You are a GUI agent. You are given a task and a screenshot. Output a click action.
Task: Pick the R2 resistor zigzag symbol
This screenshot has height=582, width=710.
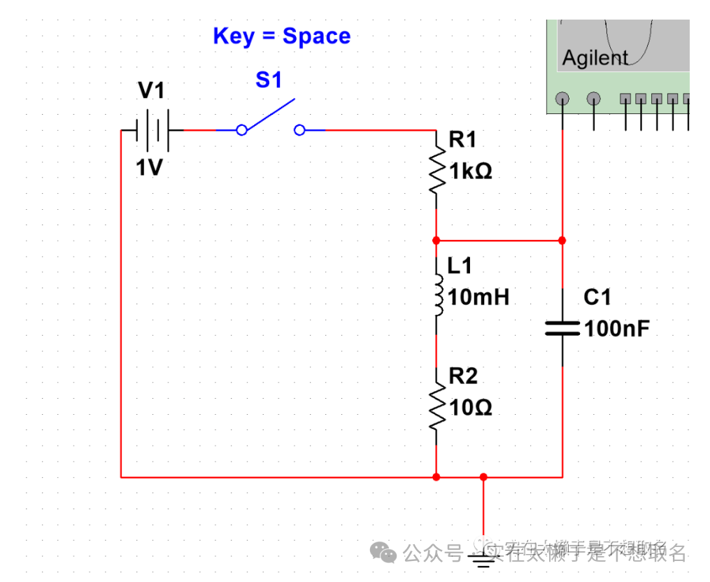coord(436,407)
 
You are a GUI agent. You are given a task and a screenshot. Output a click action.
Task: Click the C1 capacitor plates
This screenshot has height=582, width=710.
coord(562,327)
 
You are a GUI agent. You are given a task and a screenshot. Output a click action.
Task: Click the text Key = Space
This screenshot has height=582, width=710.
coord(281,36)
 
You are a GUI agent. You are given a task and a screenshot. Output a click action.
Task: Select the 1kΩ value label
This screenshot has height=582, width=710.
coord(470,171)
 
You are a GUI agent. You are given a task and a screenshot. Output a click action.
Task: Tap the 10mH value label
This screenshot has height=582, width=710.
coord(478,297)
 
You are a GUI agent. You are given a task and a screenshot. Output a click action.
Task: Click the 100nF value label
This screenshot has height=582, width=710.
coord(617,328)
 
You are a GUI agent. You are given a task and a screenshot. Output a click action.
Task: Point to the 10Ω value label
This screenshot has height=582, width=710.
coord(470,407)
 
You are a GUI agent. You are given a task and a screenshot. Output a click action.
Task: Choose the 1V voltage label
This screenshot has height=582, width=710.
coord(149,168)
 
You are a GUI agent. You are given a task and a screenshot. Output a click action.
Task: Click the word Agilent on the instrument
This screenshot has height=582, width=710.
coord(595,58)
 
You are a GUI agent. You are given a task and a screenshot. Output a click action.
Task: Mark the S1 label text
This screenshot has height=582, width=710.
coord(269,80)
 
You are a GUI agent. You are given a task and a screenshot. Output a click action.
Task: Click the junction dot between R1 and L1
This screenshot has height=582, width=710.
coord(436,240)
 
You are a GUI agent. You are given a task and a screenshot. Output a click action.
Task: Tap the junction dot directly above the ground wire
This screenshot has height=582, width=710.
coord(483,477)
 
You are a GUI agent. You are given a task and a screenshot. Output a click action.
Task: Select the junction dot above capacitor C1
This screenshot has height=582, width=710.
coord(562,240)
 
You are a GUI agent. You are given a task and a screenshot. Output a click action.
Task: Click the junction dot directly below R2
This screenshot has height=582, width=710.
coord(436,477)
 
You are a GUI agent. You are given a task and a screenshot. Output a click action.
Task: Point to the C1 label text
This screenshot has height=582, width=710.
coord(597,298)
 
